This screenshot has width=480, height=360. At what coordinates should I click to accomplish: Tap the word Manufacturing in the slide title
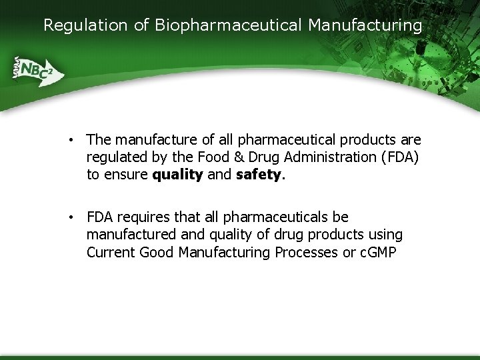point(365,25)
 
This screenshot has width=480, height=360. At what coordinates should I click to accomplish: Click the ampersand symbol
point(237,157)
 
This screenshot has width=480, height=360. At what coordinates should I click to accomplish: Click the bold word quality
point(177,175)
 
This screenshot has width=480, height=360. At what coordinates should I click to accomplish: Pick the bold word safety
point(259,175)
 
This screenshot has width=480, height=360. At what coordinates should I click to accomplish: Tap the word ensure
point(126,175)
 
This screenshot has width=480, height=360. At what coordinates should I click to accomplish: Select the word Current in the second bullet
point(111,253)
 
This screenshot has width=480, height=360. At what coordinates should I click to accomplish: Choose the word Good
point(156,253)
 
